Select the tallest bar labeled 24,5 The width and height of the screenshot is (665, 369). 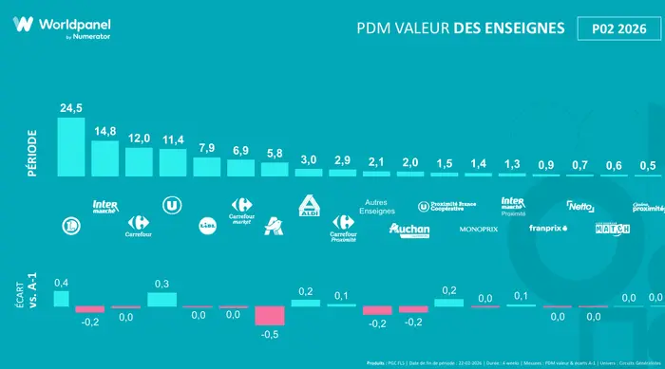click(x=71, y=147)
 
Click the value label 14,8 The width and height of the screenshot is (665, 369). click(x=104, y=131)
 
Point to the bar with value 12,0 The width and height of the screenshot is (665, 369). click(x=139, y=161)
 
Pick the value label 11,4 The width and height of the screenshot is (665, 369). click(x=173, y=139)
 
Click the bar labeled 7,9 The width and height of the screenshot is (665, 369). click(x=206, y=167)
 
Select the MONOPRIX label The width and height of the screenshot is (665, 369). click(x=478, y=230)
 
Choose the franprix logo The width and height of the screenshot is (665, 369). click(x=546, y=228)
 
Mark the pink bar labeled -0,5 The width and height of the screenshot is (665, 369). click(x=270, y=316)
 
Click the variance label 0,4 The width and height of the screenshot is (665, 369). click(x=62, y=283)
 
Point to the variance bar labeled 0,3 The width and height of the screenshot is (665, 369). click(x=162, y=299)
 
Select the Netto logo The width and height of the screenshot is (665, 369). click(x=579, y=205)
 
